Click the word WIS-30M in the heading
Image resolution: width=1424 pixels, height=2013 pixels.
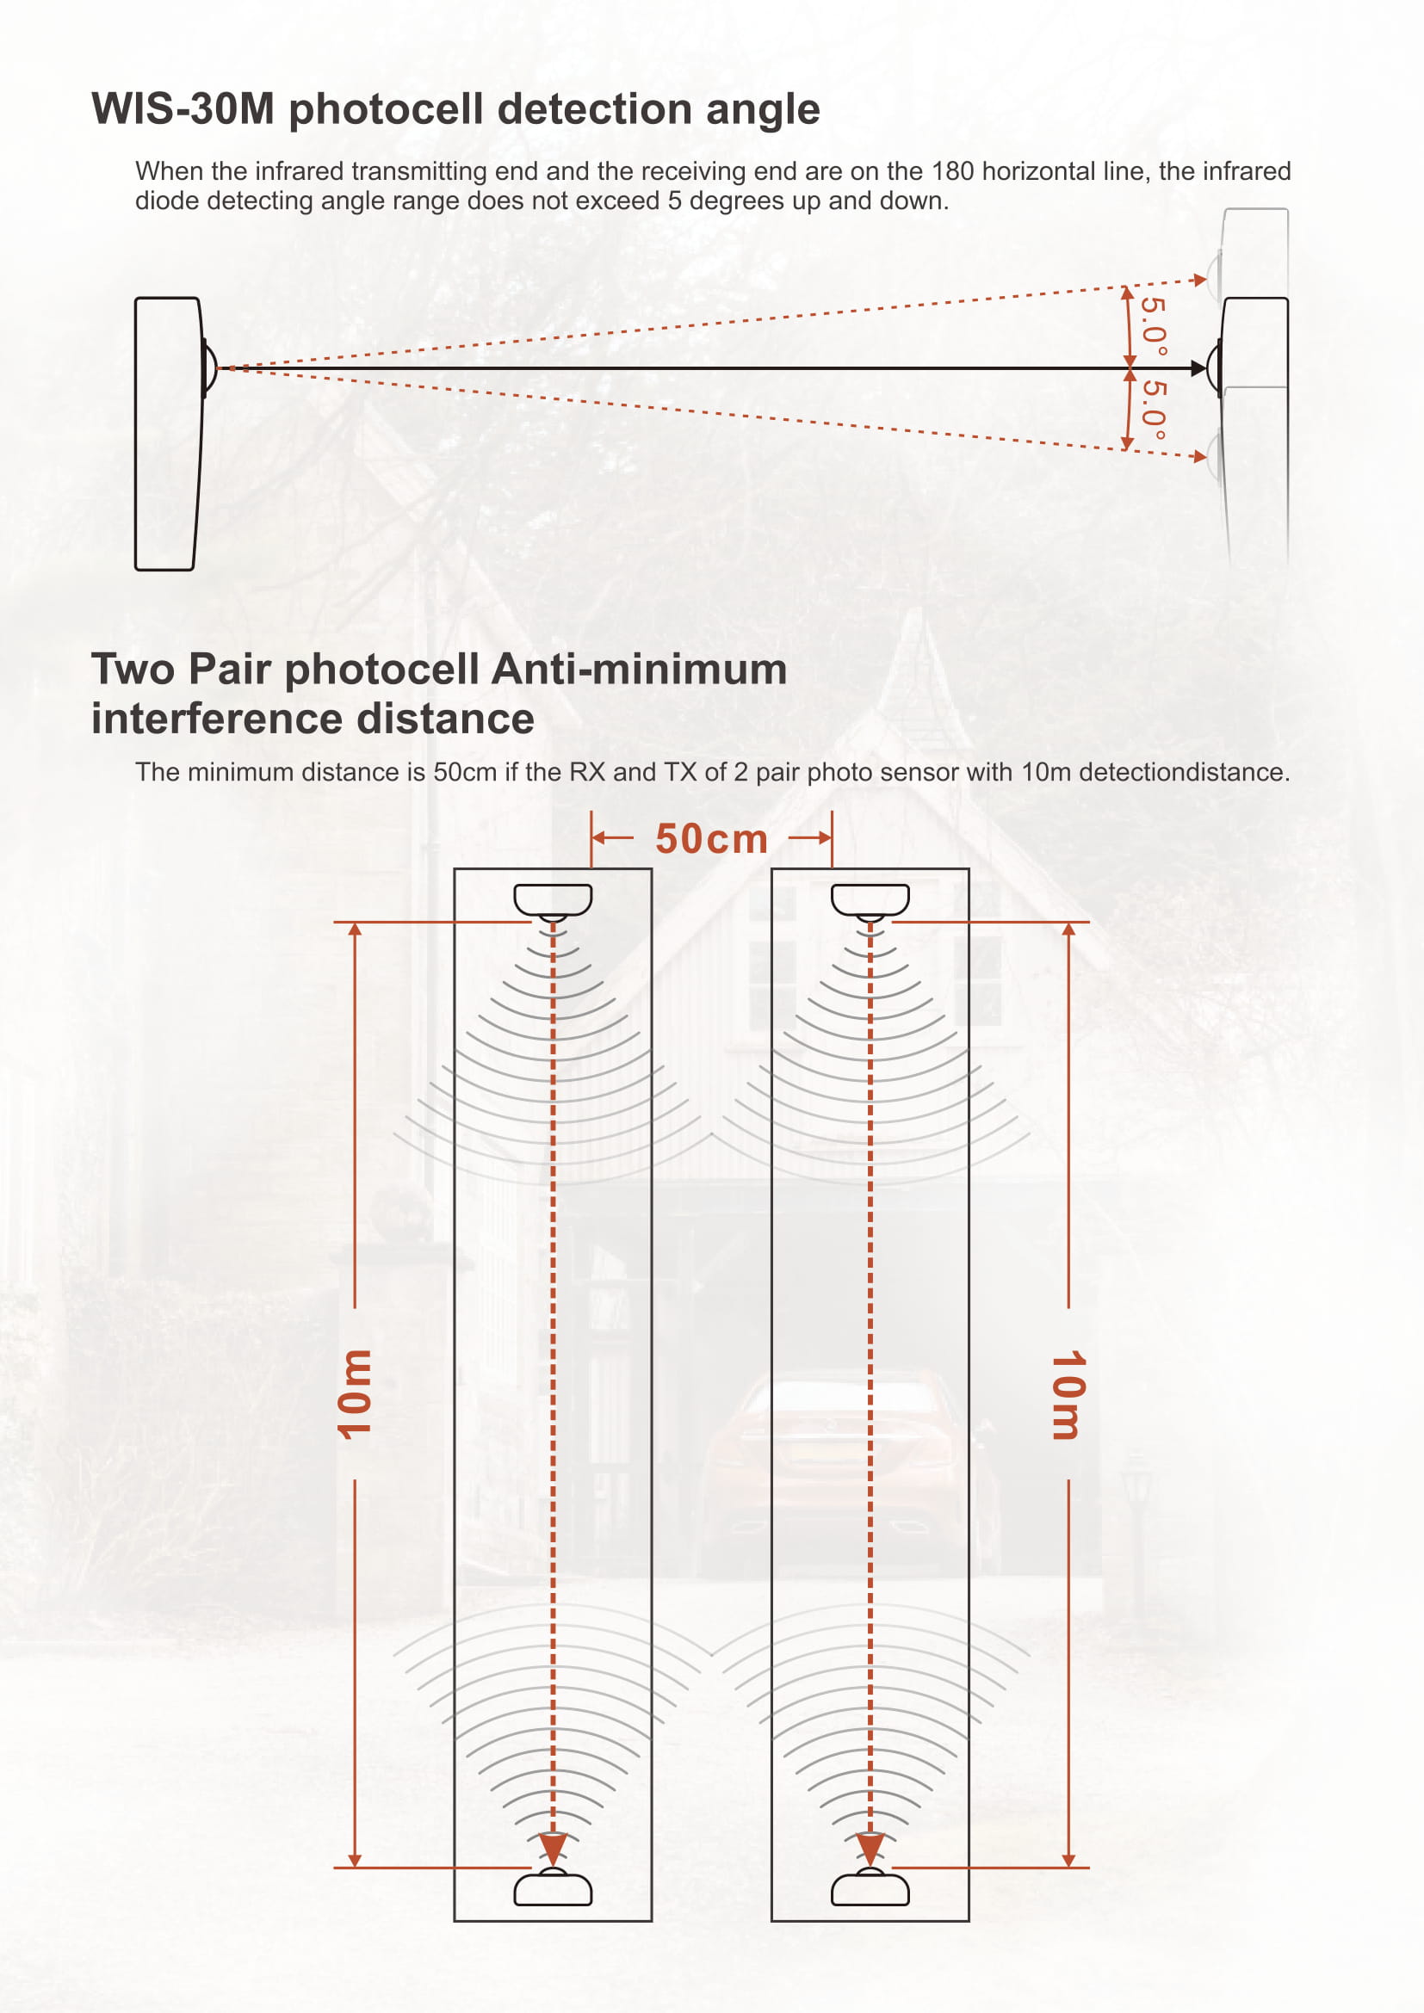[183, 109]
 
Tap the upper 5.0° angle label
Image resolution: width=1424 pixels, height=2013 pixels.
[1154, 326]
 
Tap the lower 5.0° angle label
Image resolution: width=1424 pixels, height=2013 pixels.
[1154, 410]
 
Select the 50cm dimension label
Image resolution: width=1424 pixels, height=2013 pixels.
[711, 839]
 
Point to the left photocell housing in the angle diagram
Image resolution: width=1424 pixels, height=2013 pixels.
[169, 434]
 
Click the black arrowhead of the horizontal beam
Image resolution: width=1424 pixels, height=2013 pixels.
[1198, 368]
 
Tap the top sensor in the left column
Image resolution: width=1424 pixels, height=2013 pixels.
[553, 901]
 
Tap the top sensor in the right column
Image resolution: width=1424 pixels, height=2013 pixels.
[870, 901]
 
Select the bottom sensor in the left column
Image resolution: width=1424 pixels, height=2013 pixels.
[553, 1886]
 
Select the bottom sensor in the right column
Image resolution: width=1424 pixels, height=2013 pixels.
[870, 1886]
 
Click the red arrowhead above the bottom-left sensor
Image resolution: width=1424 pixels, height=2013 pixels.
[553, 1848]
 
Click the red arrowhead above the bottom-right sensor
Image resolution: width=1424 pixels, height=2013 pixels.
[870, 1848]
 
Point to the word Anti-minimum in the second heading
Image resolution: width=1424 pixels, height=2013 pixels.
[639, 669]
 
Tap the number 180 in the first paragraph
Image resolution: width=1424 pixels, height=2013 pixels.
[952, 171]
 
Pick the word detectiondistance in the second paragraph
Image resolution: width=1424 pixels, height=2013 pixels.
[1184, 772]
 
